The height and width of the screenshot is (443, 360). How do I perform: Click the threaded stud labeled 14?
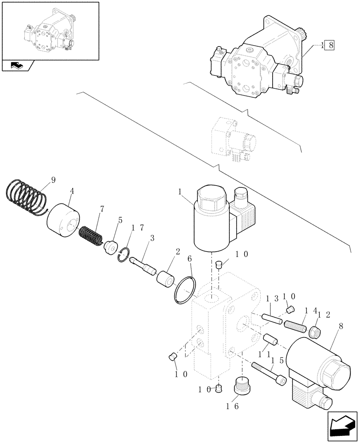click(x=295, y=327)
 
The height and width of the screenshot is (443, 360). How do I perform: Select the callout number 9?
click(x=53, y=179)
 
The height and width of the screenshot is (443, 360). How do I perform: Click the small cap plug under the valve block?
click(x=218, y=389)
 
